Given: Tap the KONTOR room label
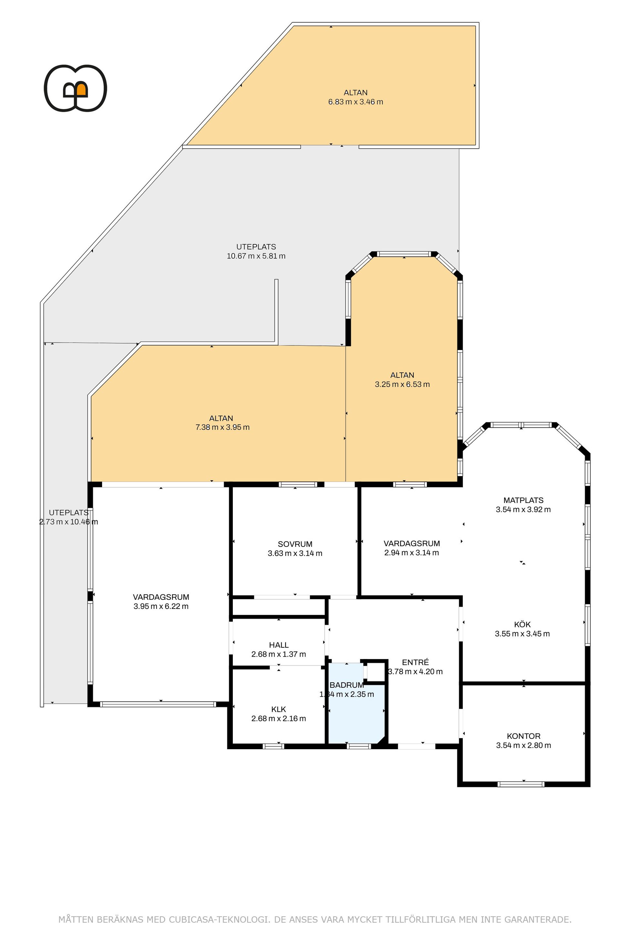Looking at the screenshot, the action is click(x=523, y=736).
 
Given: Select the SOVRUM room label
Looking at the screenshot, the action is click(x=295, y=544).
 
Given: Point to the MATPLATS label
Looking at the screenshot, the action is click(x=523, y=500).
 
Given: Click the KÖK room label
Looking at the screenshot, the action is click(x=522, y=624).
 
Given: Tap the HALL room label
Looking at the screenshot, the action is click(x=278, y=645).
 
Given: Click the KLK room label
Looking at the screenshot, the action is click(x=278, y=709).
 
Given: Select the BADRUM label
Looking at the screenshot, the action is click(x=347, y=685).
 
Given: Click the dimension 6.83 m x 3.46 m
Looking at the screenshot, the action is click(x=356, y=102).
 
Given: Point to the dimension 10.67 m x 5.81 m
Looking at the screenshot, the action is click(x=256, y=256).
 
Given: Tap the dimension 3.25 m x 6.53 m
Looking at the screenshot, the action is click(x=402, y=384).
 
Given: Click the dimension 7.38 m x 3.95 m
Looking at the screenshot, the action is click(x=222, y=427).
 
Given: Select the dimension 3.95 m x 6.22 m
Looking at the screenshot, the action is click(x=161, y=606).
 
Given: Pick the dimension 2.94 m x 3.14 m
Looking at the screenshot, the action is click(x=411, y=552).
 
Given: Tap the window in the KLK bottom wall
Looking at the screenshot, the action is click(x=274, y=746).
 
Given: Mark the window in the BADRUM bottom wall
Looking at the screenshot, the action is click(x=359, y=746).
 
